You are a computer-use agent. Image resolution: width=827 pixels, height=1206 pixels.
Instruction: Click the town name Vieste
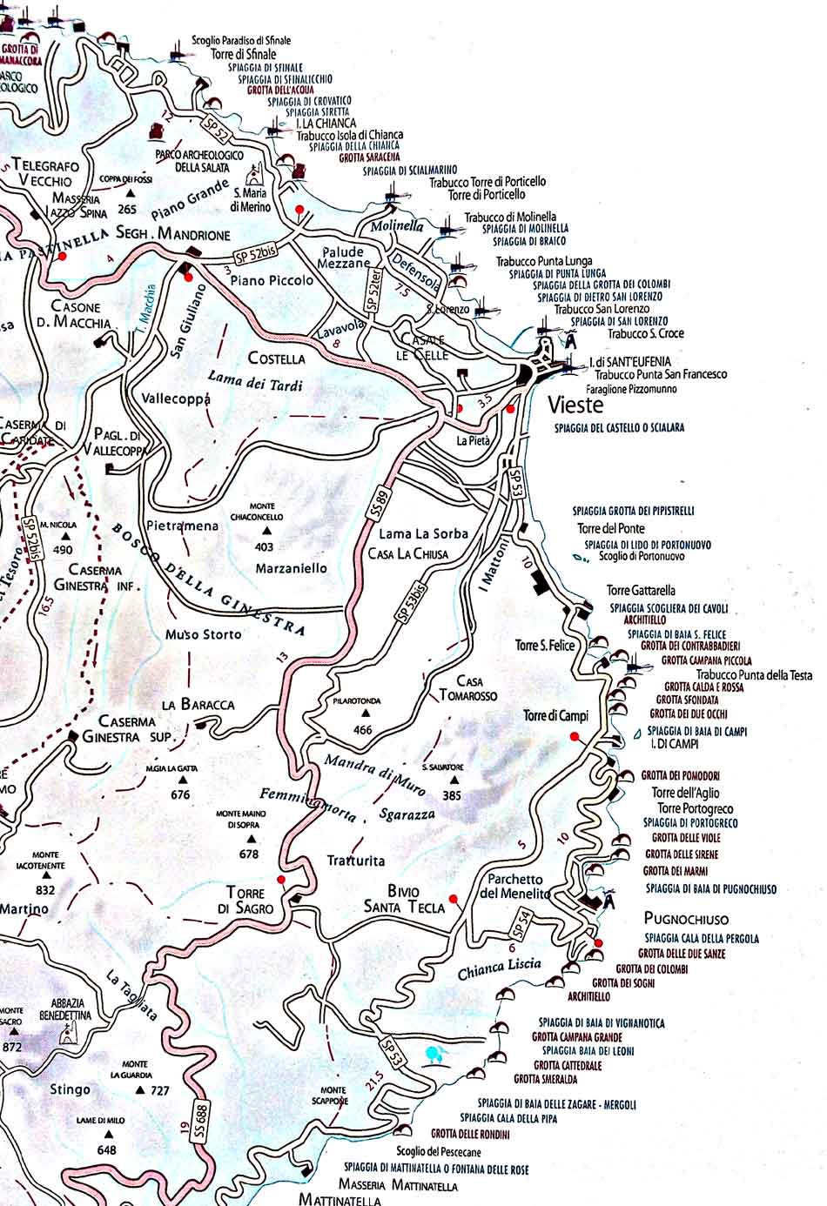575,405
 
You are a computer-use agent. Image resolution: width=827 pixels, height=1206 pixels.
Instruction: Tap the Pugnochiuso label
686,919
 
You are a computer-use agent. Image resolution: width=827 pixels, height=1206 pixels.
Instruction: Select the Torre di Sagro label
250,901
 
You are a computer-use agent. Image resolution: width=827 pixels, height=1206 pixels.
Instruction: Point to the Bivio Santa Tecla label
404,900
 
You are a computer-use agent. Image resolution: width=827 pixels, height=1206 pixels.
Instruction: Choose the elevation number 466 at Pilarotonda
363,730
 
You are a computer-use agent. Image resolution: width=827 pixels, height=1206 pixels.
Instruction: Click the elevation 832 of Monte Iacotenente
45,890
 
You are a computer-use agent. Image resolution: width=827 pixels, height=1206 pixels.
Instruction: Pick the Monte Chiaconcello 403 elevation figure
264,547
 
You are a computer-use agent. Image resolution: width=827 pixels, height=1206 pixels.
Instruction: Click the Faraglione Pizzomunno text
631,389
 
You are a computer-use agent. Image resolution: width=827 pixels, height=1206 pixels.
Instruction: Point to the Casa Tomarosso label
468,688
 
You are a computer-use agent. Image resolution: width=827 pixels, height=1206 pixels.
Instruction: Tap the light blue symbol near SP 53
433,1055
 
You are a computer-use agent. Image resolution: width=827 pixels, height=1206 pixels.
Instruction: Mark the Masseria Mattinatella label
400,1185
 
